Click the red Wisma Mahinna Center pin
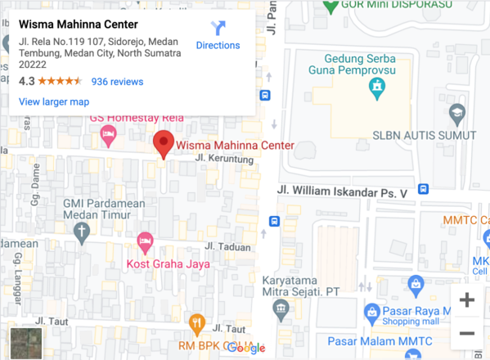[x=164, y=143]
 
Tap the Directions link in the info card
[x=218, y=36]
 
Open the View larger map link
[x=54, y=101]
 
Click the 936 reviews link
[x=117, y=82]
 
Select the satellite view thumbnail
[x=23, y=340]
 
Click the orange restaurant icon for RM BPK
[x=196, y=324]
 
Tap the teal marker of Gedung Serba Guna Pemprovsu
[x=376, y=89]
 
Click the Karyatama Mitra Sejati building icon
[x=281, y=311]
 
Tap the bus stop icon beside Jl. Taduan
[x=274, y=222]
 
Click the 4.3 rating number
[x=26, y=82]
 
